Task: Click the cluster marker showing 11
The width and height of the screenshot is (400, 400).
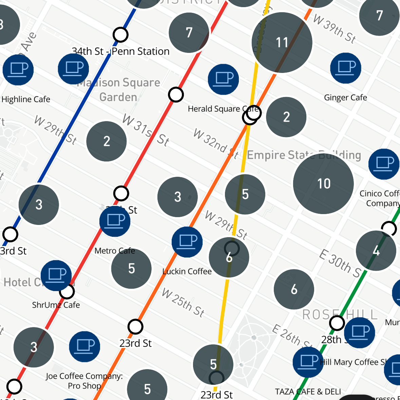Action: point(282,42)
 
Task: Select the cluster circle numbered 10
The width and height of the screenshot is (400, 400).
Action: point(323,184)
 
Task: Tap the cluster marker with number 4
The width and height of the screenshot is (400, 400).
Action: point(376,251)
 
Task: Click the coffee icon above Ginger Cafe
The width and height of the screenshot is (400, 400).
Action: point(346,68)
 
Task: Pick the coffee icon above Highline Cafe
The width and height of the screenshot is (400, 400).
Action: point(18,70)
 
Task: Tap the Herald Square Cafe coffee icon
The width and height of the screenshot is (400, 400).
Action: point(223,79)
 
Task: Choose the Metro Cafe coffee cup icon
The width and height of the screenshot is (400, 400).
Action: point(115,221)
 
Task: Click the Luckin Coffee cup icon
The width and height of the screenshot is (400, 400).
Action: point(187,242)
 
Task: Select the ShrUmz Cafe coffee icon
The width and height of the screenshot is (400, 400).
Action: point(56,275)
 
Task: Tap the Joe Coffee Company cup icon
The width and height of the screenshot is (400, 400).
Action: point(84,347)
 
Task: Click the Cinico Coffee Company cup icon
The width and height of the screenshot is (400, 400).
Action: point(384,164)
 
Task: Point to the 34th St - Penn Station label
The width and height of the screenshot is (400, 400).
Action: point(120,52)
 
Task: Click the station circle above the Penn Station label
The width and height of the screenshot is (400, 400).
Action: point(120,35)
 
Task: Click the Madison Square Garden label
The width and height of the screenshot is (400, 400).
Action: point(118,90)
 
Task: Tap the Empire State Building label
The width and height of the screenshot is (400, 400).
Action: point(304,155)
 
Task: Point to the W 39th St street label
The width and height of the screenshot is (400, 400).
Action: point(334,29)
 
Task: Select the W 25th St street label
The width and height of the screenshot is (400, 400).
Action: point(183,303)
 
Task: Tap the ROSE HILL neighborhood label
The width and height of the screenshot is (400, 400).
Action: point(340,315)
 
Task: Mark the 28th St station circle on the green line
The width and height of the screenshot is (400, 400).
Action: point(337,323)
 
